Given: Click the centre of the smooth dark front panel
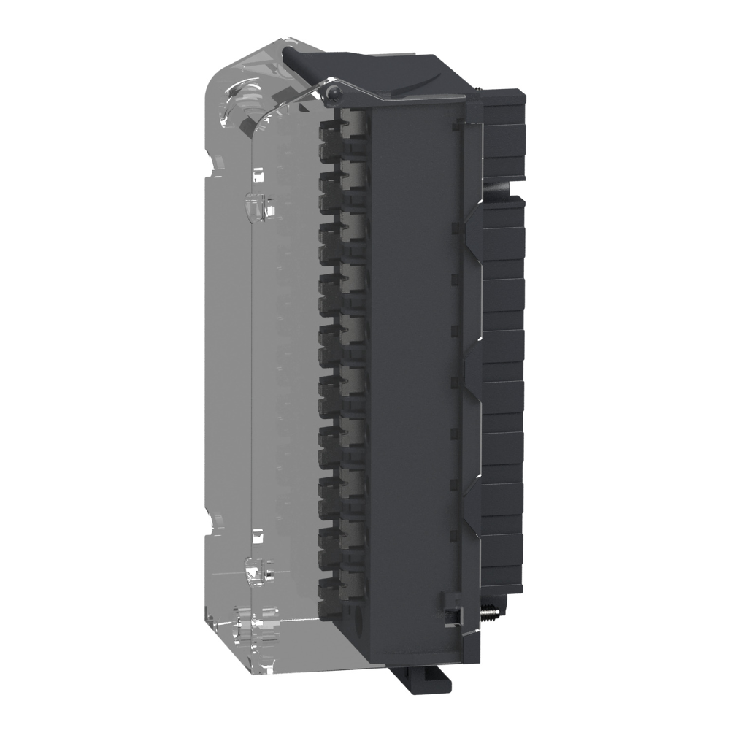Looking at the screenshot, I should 412,365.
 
